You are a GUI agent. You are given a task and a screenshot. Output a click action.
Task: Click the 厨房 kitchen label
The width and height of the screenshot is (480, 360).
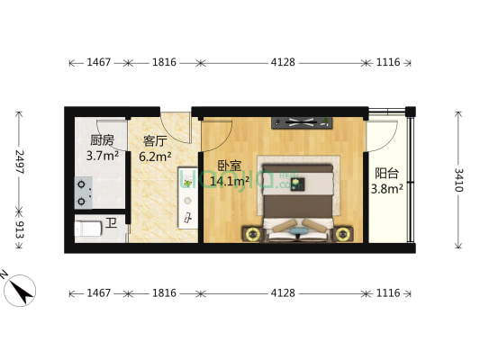click(101, 140)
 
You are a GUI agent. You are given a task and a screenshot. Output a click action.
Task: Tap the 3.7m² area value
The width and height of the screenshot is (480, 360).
click(103, 156)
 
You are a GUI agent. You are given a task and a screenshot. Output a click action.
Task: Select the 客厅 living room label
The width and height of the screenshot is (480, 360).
click(156, 140)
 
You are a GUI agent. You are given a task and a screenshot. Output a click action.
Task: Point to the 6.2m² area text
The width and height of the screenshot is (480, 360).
click(157, 156)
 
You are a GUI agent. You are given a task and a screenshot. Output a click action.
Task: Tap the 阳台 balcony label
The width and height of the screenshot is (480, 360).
click(387, 174)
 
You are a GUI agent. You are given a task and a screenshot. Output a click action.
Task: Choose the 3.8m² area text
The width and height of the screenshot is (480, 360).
click(387, 189)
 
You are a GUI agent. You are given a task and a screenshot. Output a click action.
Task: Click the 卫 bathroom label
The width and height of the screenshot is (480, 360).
click(111, 221)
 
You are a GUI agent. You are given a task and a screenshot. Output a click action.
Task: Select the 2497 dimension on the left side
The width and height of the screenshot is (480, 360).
click(19, 162)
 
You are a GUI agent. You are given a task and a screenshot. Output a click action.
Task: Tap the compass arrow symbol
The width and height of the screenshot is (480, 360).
click(20, 290)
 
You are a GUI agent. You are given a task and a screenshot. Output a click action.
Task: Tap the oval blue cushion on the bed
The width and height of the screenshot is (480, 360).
click(298, 229)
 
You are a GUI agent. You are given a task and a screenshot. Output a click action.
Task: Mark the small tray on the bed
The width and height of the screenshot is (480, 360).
click(298, 184)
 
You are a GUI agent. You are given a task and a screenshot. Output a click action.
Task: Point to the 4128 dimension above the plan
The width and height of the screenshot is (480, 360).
click(283, 63)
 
